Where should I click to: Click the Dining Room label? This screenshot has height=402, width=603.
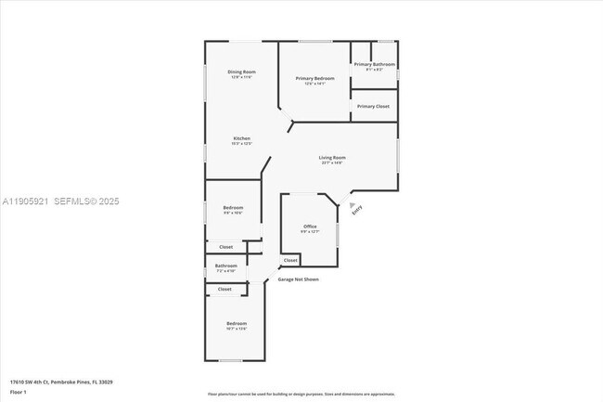click(241, 71)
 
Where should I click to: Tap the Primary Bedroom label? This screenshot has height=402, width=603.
click(315, 78)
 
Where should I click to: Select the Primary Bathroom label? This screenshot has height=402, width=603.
click(373, 64)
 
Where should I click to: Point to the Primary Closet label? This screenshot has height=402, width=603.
click(373, 106)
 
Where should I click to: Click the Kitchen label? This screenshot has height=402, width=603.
click(241, 138)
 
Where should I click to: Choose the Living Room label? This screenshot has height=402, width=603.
click(332, 157)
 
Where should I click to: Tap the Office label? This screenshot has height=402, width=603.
click(310, 227)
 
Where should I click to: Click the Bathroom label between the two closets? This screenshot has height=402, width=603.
click(226, 266)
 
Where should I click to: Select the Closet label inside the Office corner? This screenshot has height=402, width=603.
click(290, 260)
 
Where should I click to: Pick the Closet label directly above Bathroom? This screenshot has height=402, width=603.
click(226, 247)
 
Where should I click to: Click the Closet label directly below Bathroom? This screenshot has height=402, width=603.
click(225, 289)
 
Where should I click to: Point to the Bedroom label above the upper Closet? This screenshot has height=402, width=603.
click(233, 207)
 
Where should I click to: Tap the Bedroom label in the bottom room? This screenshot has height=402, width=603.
click(237, 323)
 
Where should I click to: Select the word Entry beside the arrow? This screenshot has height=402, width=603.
click(358, 210)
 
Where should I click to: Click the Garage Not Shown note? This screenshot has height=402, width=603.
click(299, 279)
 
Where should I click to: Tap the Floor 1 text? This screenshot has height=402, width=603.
click(19, 392)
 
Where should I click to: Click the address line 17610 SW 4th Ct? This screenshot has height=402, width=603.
click(56, 382)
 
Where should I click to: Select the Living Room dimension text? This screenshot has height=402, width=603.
click(332, 163)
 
